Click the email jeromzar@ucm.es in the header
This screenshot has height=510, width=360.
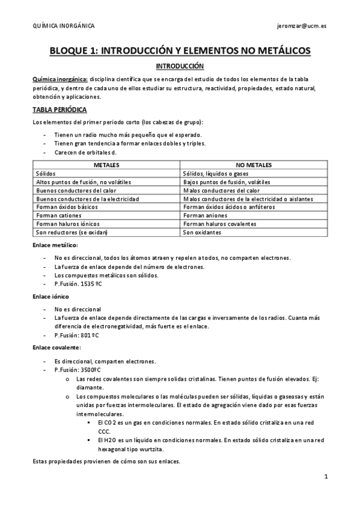point(302,26)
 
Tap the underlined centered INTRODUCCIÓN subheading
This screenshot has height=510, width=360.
point(180,66)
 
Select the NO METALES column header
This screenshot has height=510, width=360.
point(254,165)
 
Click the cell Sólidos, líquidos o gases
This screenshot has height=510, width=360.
point(218,173)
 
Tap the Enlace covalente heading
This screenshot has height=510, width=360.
point(56,348)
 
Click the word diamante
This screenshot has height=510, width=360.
point(91,388)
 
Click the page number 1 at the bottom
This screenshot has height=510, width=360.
point(325,477)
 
